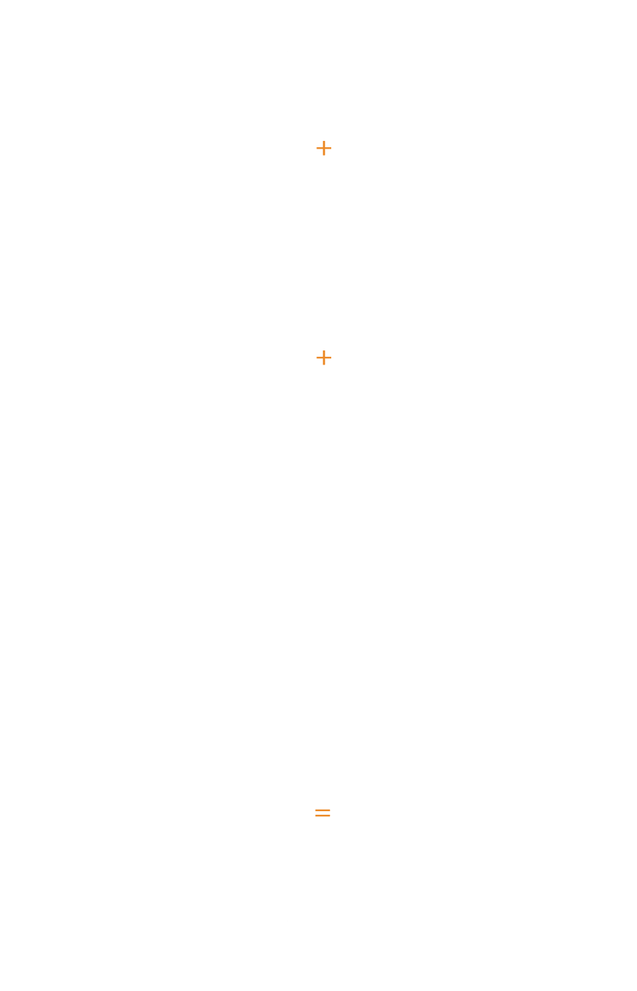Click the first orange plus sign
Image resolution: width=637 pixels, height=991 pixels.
(324, 148)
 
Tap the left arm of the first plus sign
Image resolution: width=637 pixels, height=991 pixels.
(320, 148)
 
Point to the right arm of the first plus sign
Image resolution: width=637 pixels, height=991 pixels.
(328, 148)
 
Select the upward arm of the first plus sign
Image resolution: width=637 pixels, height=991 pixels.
(324, 144)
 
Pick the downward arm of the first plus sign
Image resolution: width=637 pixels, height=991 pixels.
(324, 152)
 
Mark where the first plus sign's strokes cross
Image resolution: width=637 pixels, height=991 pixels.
(324, 148)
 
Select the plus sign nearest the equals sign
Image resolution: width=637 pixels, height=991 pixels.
(324, 358)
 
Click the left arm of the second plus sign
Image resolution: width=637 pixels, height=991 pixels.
(320, 358)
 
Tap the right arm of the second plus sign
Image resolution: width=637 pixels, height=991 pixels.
(328, 358)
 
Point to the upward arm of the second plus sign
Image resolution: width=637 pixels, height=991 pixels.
(324, 354)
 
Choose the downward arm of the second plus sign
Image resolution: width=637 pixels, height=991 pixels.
(324, 362)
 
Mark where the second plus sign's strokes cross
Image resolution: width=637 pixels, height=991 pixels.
(324, 358)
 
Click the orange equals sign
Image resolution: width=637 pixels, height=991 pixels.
(323, 813)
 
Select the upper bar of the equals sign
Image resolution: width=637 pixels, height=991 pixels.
(323, 810)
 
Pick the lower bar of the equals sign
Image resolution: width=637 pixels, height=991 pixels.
(323, 815)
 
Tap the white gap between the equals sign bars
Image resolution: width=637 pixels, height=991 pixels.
(323, 813)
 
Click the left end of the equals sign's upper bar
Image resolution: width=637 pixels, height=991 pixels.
(316, 810)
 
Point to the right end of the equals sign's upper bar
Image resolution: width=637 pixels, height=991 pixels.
(330, 810)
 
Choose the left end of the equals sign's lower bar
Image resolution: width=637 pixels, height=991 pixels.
(316, 815)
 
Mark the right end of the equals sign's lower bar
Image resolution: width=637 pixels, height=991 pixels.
(330, 815)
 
